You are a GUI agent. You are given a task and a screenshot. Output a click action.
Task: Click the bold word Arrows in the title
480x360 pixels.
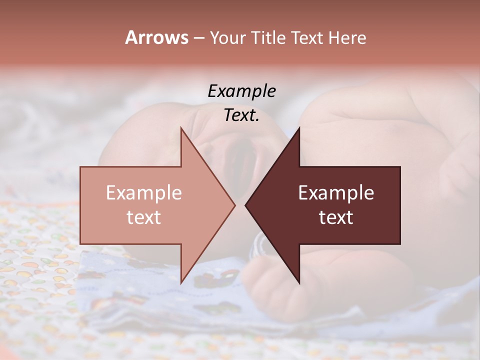pyautogui.click(x=156, y=37)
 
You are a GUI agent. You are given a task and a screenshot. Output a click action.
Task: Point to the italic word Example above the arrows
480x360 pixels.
pyautogui.click(x=241, y=91)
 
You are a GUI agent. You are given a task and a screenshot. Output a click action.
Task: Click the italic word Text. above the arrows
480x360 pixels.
pyautogui.click(x=241, y=115)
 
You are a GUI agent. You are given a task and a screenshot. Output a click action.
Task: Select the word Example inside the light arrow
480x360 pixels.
pyautogui.click(x=144, y=192)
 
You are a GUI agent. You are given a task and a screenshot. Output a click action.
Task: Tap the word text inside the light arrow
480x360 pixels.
pyautogui.click(x=144, y=217)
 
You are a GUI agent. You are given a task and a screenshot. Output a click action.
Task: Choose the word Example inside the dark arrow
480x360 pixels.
pyautogui.click(x=336, y=192)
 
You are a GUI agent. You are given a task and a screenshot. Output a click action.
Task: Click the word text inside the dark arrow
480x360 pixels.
pyautogui.click(x=336, y=217)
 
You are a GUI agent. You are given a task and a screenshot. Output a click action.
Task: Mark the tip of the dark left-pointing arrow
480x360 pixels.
pyautogui.click(x=246, y=205)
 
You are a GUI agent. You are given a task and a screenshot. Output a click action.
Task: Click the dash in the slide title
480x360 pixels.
pyautogui.click(x=198, y=38)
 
